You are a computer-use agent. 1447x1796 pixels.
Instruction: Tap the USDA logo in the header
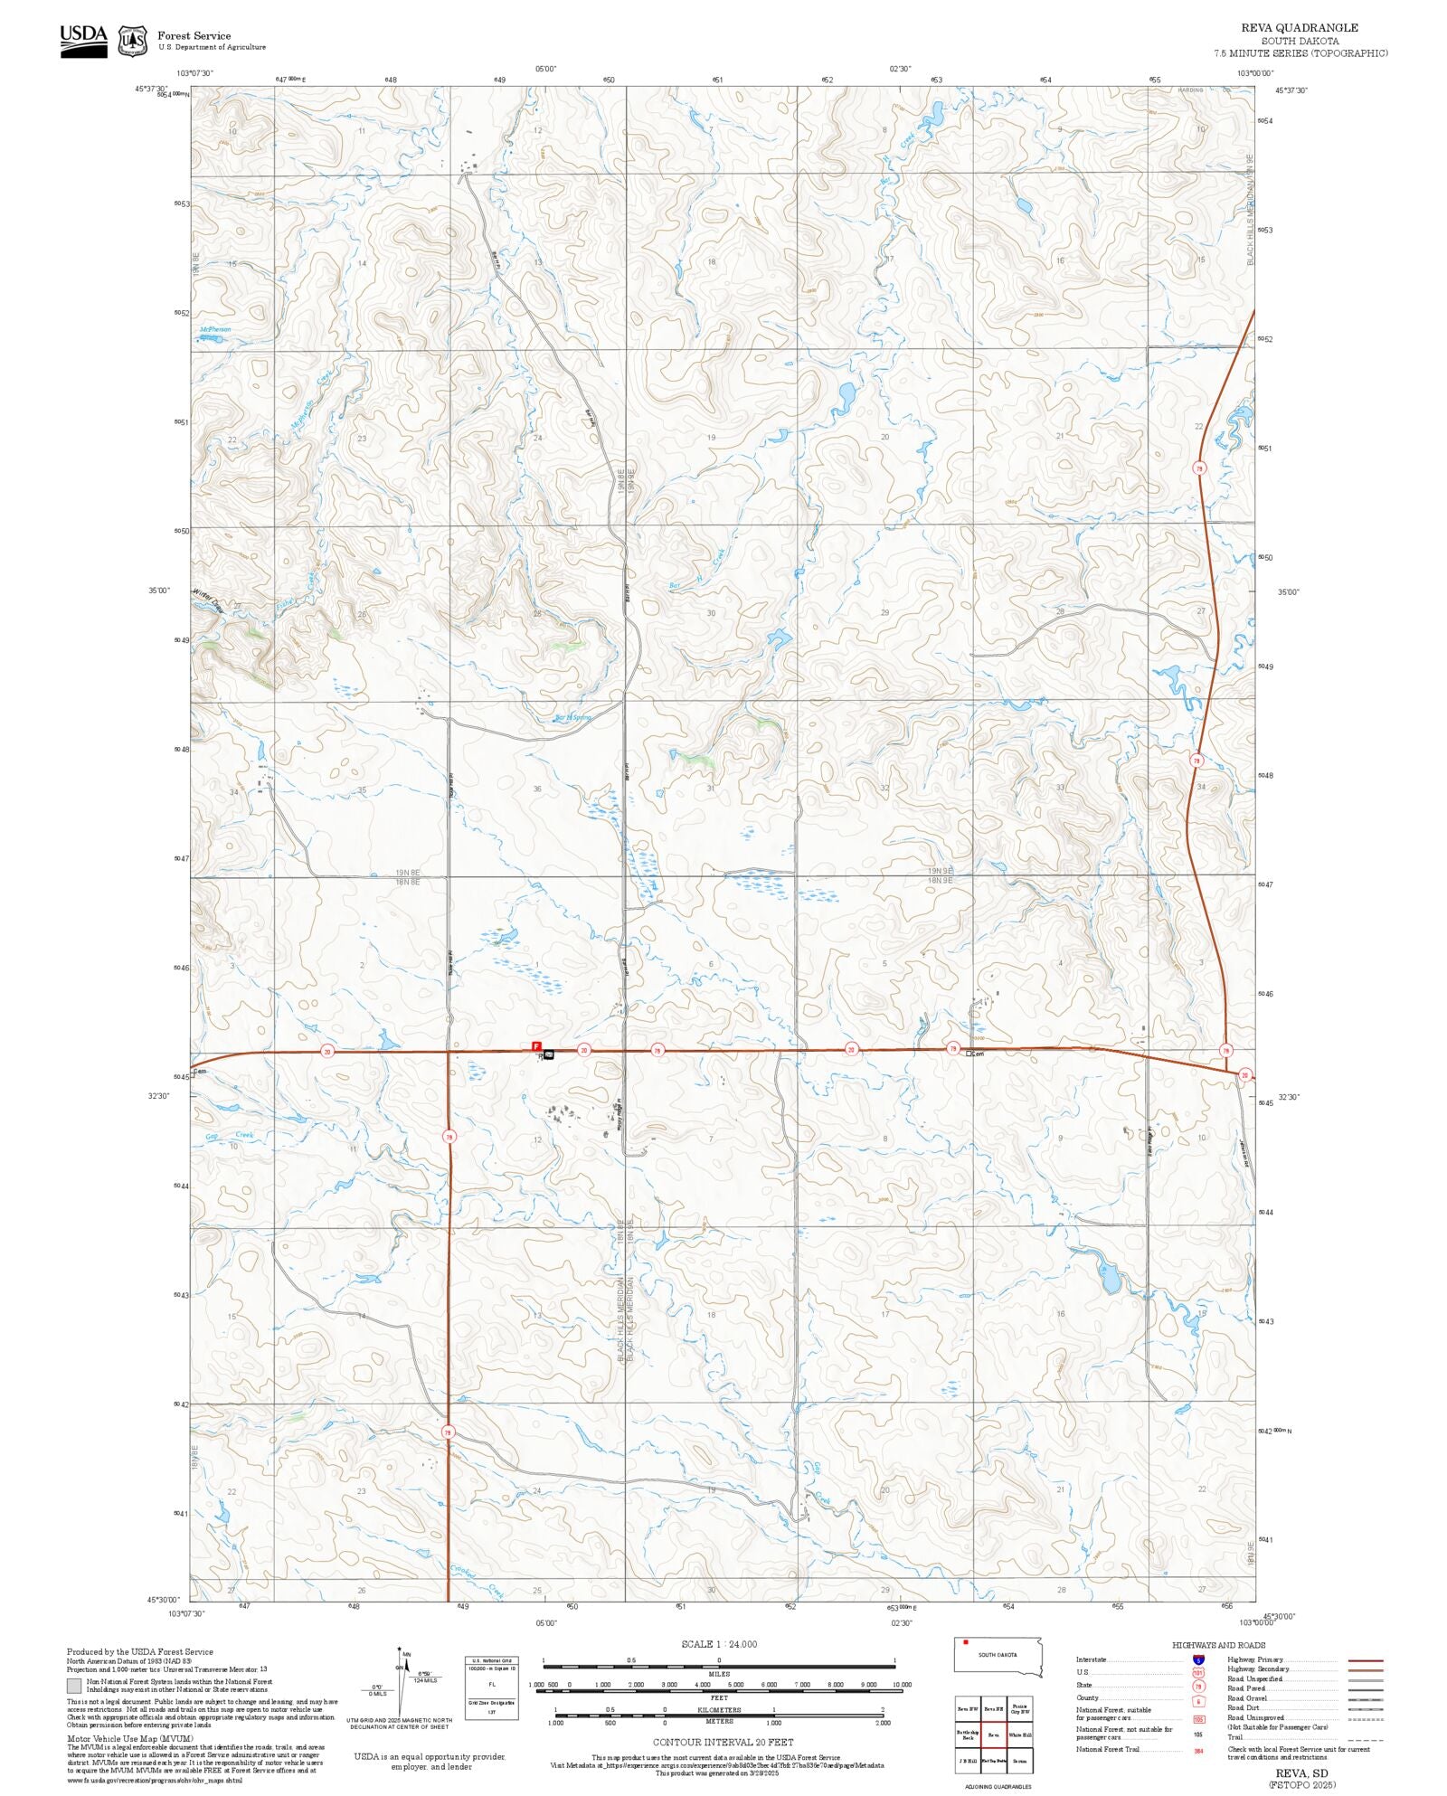tap(83, 40)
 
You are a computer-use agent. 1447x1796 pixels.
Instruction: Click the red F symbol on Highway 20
tap(536, 1045)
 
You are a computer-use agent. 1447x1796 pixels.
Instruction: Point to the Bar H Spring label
tap(572, 718)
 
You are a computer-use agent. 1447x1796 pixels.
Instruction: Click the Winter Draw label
tap(206, 600)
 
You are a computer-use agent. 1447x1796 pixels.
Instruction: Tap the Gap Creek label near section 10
tap(229, 1136)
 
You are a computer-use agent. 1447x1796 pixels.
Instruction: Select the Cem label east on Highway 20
tap(976, 1054)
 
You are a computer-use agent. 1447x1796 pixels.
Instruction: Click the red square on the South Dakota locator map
tap(966, 1641)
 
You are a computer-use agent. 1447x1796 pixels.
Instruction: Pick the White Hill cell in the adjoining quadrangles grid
tap(1020, 1735)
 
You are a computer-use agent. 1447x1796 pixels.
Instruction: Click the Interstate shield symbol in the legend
tap(1198, 1660)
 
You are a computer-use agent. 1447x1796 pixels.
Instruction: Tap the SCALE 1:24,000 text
tap(719, 1644)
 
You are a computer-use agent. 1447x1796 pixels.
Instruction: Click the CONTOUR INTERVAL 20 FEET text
tap(723, 1742)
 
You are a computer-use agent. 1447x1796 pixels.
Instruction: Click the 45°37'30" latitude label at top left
tap(151, 89)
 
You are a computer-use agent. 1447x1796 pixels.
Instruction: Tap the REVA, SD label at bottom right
tap(1301, 1773)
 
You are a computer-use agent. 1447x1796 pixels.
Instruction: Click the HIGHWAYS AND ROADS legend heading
tap(1218, 1645)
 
